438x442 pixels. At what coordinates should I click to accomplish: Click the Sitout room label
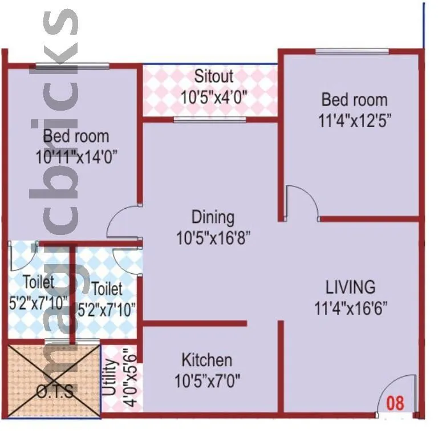point(214,76)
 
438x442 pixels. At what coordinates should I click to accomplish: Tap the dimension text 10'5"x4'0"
point(214,96)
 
